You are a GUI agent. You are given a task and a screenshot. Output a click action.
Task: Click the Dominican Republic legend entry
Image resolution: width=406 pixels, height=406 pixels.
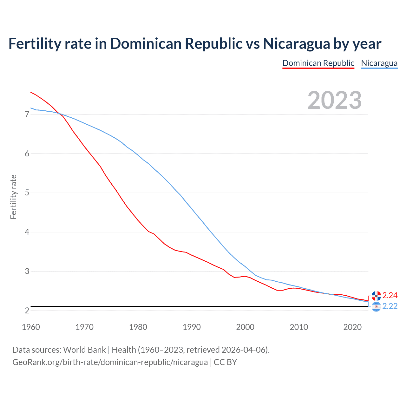[318, 63]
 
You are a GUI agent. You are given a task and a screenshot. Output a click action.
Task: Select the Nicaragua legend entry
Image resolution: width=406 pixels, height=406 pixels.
[379, 63]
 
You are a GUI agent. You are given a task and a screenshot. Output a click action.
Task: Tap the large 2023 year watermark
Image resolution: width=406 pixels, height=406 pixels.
[334, 100]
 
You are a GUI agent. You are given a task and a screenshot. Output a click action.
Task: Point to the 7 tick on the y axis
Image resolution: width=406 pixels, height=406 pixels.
[27, 114]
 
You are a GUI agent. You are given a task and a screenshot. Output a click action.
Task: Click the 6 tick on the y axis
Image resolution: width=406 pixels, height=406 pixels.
[27, 154]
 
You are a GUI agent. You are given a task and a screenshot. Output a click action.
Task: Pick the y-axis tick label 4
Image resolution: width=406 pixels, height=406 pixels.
[27, 232]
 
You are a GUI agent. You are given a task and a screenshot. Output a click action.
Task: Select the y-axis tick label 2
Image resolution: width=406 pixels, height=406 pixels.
[27, 311]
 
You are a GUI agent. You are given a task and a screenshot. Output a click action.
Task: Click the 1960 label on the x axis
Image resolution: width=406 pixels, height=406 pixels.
[31, 327]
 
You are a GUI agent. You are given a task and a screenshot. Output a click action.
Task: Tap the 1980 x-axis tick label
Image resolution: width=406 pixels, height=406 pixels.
[138, 327]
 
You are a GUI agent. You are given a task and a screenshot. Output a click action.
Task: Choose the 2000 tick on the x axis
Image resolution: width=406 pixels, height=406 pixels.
[245, 327]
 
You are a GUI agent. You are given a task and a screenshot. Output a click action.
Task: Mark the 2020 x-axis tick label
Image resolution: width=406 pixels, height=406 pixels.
[352, 327]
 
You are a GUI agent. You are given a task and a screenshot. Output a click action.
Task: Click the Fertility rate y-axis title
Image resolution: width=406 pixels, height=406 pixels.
[13, 197]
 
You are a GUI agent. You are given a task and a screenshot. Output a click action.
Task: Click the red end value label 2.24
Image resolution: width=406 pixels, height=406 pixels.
[390, 295]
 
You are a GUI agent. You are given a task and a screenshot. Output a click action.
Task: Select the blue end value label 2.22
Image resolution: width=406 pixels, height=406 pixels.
[390, 306]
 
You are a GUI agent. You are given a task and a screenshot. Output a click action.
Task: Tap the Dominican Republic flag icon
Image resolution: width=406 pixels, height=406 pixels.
[376, 296]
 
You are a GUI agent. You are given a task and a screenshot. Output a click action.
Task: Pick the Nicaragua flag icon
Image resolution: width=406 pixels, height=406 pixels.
[376, 307]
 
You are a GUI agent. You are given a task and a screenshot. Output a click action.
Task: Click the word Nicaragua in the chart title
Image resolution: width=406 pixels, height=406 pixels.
[296, 43]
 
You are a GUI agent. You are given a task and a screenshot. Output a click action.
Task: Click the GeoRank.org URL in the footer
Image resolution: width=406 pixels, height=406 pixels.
[110, 362]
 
